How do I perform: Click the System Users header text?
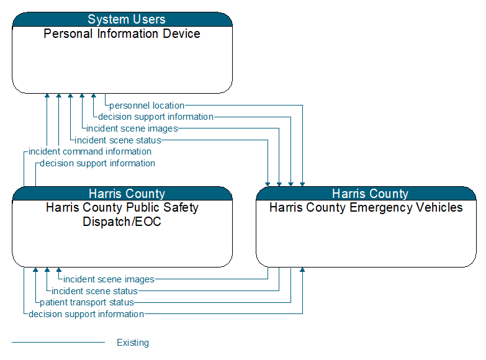(127, 19)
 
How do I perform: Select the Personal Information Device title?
(122, 34)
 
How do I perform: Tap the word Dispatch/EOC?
(122, 222)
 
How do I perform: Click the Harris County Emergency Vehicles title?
(366, 207)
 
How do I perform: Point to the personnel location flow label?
(147, 106)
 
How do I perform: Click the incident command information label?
(90, 151)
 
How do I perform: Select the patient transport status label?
(87, 302)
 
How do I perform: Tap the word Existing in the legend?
(133, 343)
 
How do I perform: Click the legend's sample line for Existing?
(58, 343)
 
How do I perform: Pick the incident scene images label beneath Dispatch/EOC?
(109, 279)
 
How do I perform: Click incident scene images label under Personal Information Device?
(132, 128)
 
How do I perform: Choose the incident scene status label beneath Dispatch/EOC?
(94, 291)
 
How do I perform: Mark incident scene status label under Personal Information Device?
(118, 140)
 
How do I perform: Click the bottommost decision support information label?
(86, 314)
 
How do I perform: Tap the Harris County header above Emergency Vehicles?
(370, 194)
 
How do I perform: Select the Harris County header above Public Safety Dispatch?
(127, 194)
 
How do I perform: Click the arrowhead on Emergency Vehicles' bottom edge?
(302, 270)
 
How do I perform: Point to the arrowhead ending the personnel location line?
(302, 184)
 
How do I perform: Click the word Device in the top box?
(181, 34)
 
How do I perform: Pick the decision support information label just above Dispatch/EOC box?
(97, 163)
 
